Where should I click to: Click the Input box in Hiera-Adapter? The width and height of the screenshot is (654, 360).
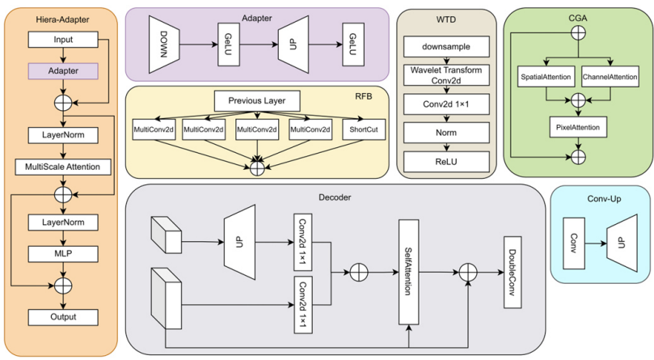tap(62, 39)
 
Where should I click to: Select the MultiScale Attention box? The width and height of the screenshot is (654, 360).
tap(62, 167)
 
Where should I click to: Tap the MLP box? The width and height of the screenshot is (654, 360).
tap(62, 254)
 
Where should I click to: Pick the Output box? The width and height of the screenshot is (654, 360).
tap(62, 316)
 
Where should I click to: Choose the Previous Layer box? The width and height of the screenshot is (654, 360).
tap(256, 101)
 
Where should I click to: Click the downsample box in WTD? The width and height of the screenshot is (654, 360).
tap(444, 45)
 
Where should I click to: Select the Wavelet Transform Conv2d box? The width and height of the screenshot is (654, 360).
tap(444, 75)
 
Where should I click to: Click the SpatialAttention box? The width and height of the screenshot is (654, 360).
tap(546, 78)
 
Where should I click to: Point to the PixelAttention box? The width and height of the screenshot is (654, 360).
tap(578, 127)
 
